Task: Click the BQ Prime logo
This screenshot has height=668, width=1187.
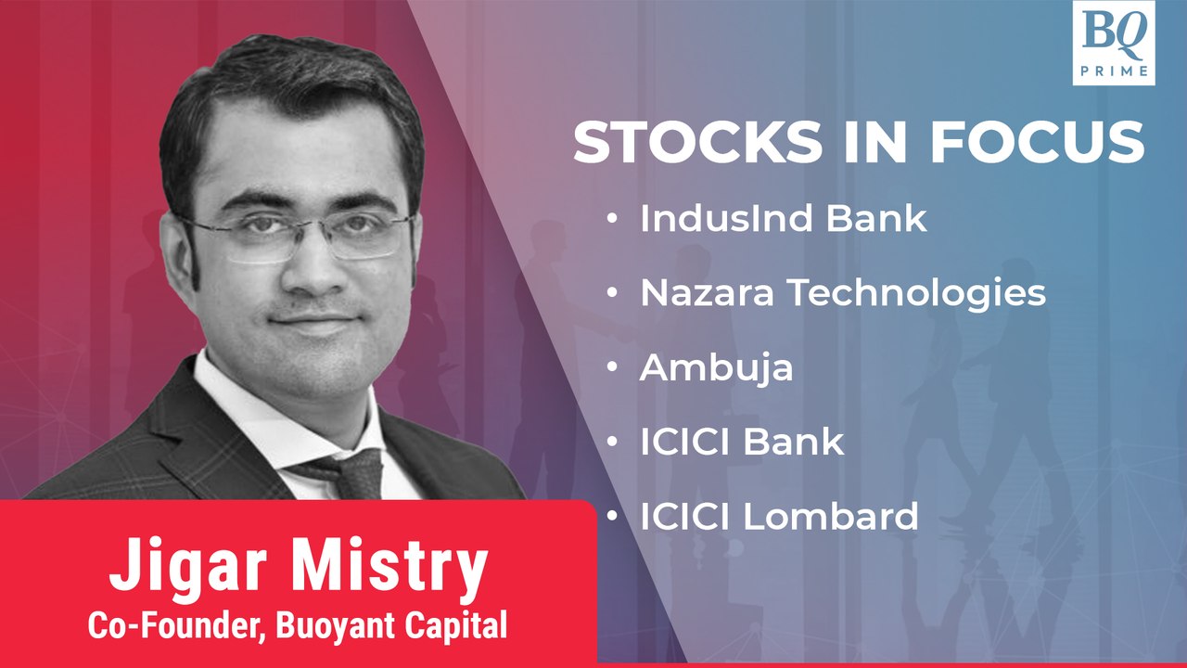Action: (x=1113, y=43)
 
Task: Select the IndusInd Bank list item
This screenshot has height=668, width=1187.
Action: (x=783, y=219)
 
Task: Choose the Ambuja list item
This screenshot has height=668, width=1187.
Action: (x=716, y=367)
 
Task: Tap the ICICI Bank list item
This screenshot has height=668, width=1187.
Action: (x=742, y=442)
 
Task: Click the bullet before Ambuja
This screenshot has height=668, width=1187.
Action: (x=613, y=368)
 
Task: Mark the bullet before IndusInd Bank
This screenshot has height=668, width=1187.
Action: (x=613, y=220)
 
